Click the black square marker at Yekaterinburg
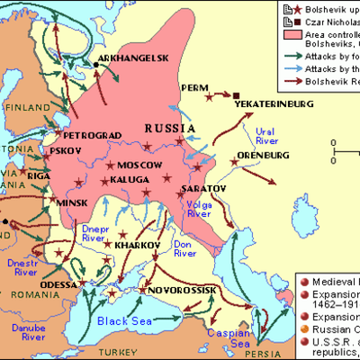point(236,94)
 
